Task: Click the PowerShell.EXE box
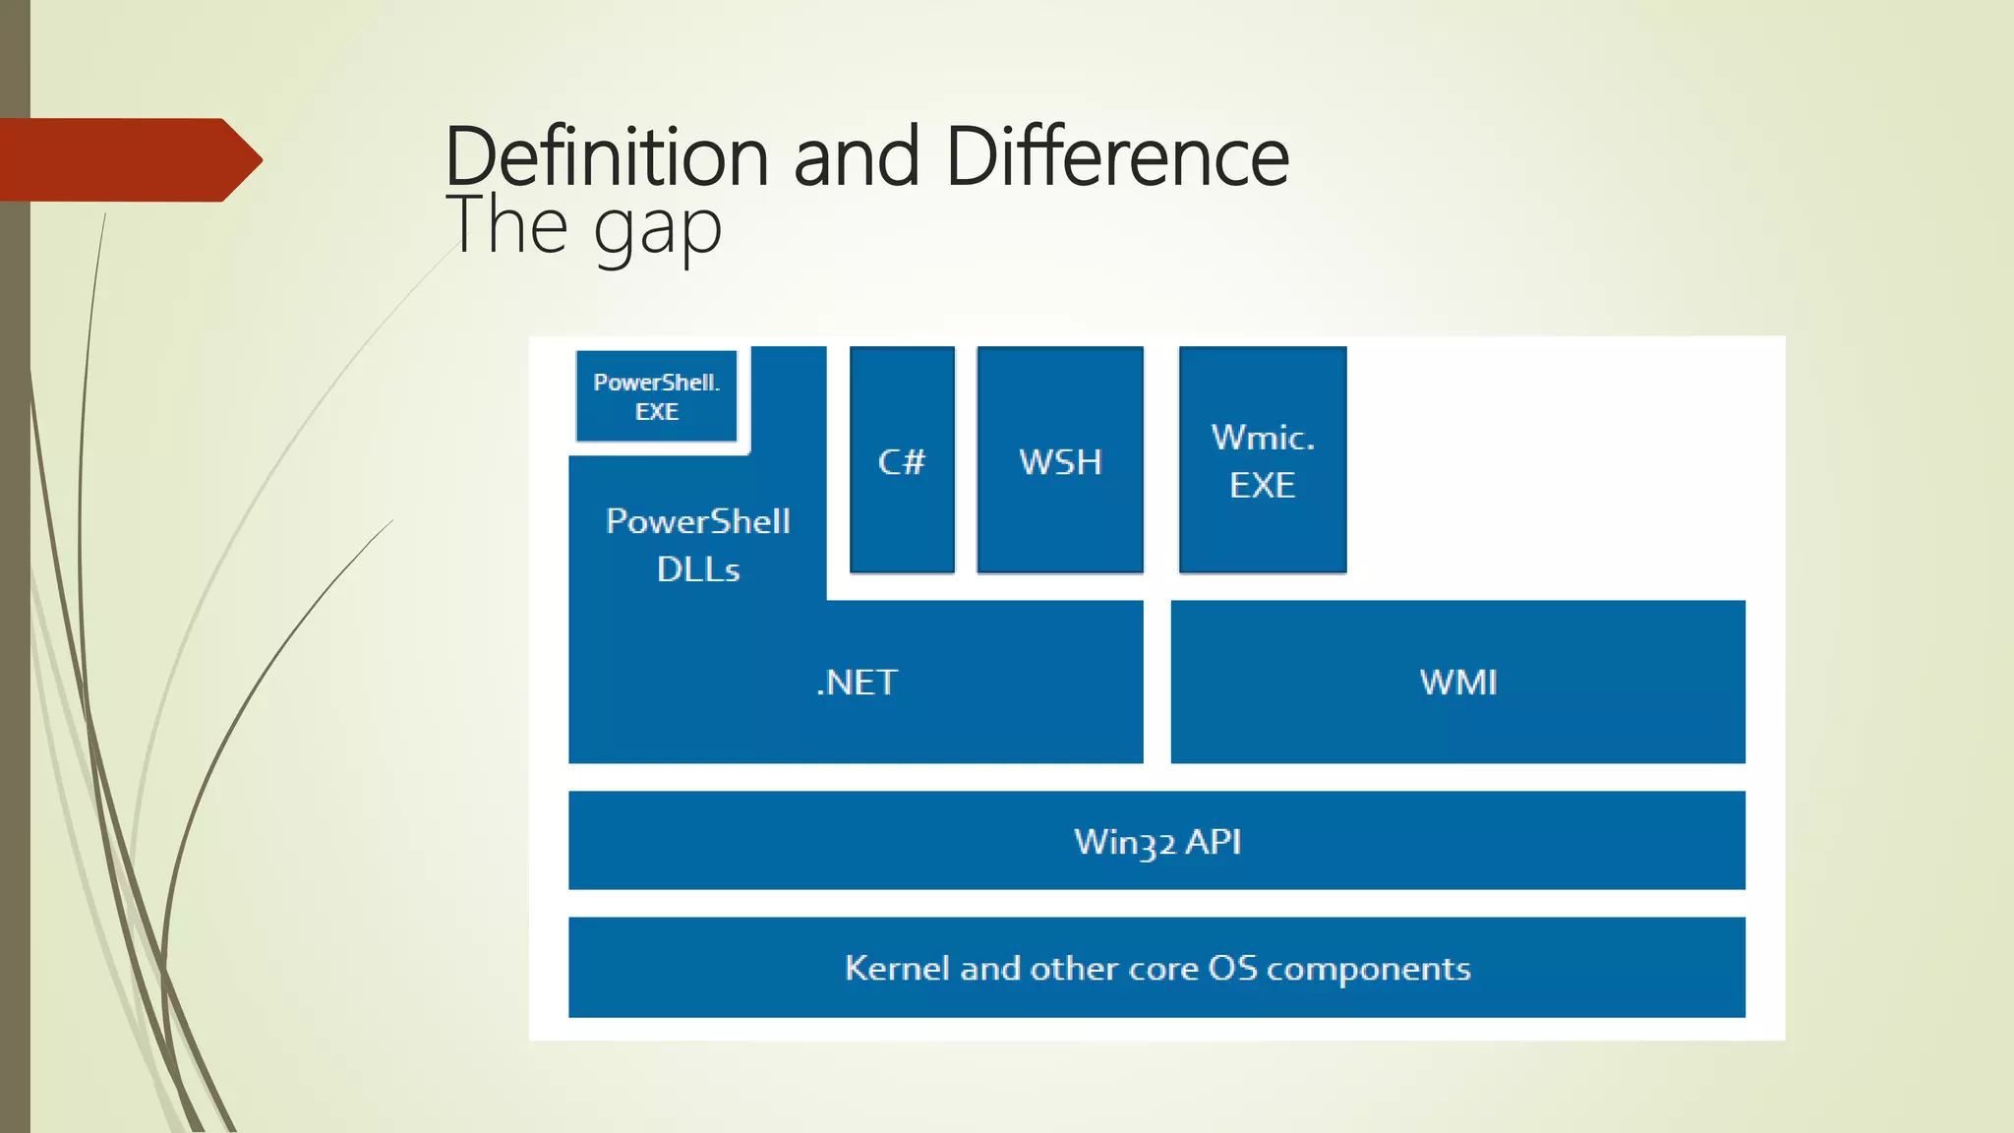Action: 656,396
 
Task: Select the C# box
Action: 902,460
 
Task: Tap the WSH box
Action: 1060,460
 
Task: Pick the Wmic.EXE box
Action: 1263,460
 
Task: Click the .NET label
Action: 857,683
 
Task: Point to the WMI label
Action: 1458,683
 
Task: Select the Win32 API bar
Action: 1156,841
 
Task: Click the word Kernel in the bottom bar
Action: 897,968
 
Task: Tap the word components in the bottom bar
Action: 1368,970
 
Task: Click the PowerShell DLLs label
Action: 698,545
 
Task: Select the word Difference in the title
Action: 1117,157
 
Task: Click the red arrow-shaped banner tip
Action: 242,159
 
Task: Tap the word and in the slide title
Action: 856,157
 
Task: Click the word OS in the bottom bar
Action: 1232,968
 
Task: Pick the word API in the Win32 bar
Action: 1213,842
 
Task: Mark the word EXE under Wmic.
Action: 1263,485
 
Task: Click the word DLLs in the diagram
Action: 698,569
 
